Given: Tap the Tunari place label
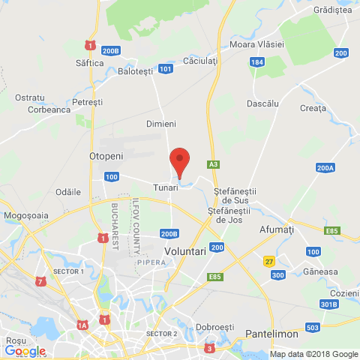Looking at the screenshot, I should coord(166,187).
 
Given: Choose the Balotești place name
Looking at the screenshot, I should coord(135,71).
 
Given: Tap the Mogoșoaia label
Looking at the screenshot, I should coord(25,215).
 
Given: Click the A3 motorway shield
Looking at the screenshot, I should coord(214,164).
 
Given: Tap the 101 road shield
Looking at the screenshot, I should coord(166,69).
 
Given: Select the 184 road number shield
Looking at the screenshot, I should coord(257,63).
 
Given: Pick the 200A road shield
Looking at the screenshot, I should coord(325,168).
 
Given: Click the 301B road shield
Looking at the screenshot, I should coord(328,304).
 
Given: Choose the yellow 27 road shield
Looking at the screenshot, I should coord(268,261).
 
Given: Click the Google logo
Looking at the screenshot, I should coord(25,351).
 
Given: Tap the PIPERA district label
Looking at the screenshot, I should coord(150,263).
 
